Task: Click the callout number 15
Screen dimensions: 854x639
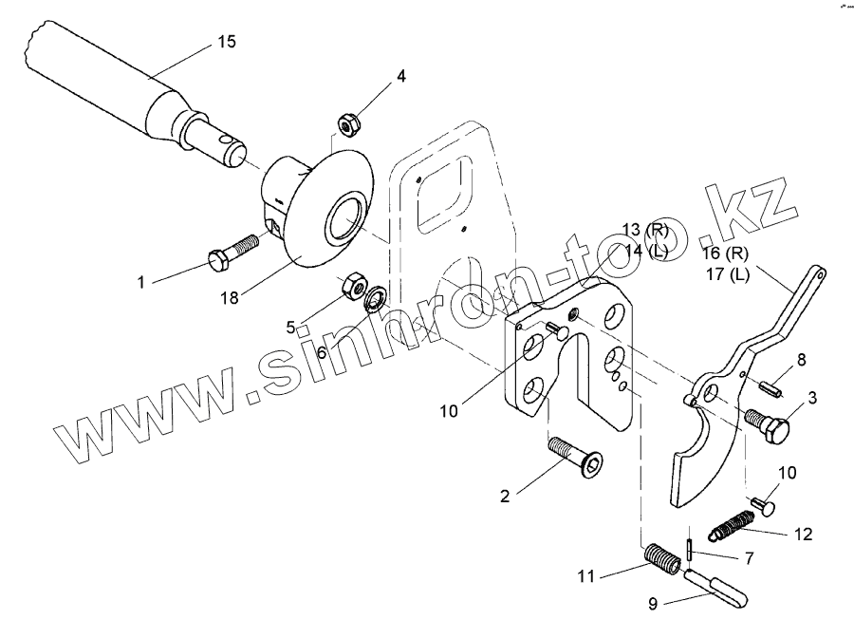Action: tap(227, 42)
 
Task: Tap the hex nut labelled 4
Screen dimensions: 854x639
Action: tap(347, 122)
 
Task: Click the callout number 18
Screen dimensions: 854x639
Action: tap(231, 297)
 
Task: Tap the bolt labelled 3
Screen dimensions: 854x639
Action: tap(768, 423)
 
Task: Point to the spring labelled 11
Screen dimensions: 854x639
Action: tap(660, 558)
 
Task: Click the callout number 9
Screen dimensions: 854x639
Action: tap(652, 603)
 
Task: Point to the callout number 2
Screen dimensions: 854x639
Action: tap(505, 495)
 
